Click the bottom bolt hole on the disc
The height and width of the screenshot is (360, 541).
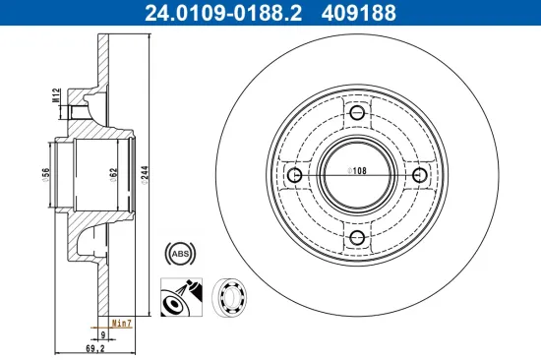click(356, 238)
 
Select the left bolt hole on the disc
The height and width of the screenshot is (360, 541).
click(293, 175)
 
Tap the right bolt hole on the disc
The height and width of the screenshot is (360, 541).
click(420, 175)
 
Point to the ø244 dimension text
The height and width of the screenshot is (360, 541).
click(144, 174)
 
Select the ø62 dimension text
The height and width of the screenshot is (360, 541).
click(114, 174)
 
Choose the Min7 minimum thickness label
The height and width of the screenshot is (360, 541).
click(122, 322)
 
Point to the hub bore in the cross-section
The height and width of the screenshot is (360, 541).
click(93, 173)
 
